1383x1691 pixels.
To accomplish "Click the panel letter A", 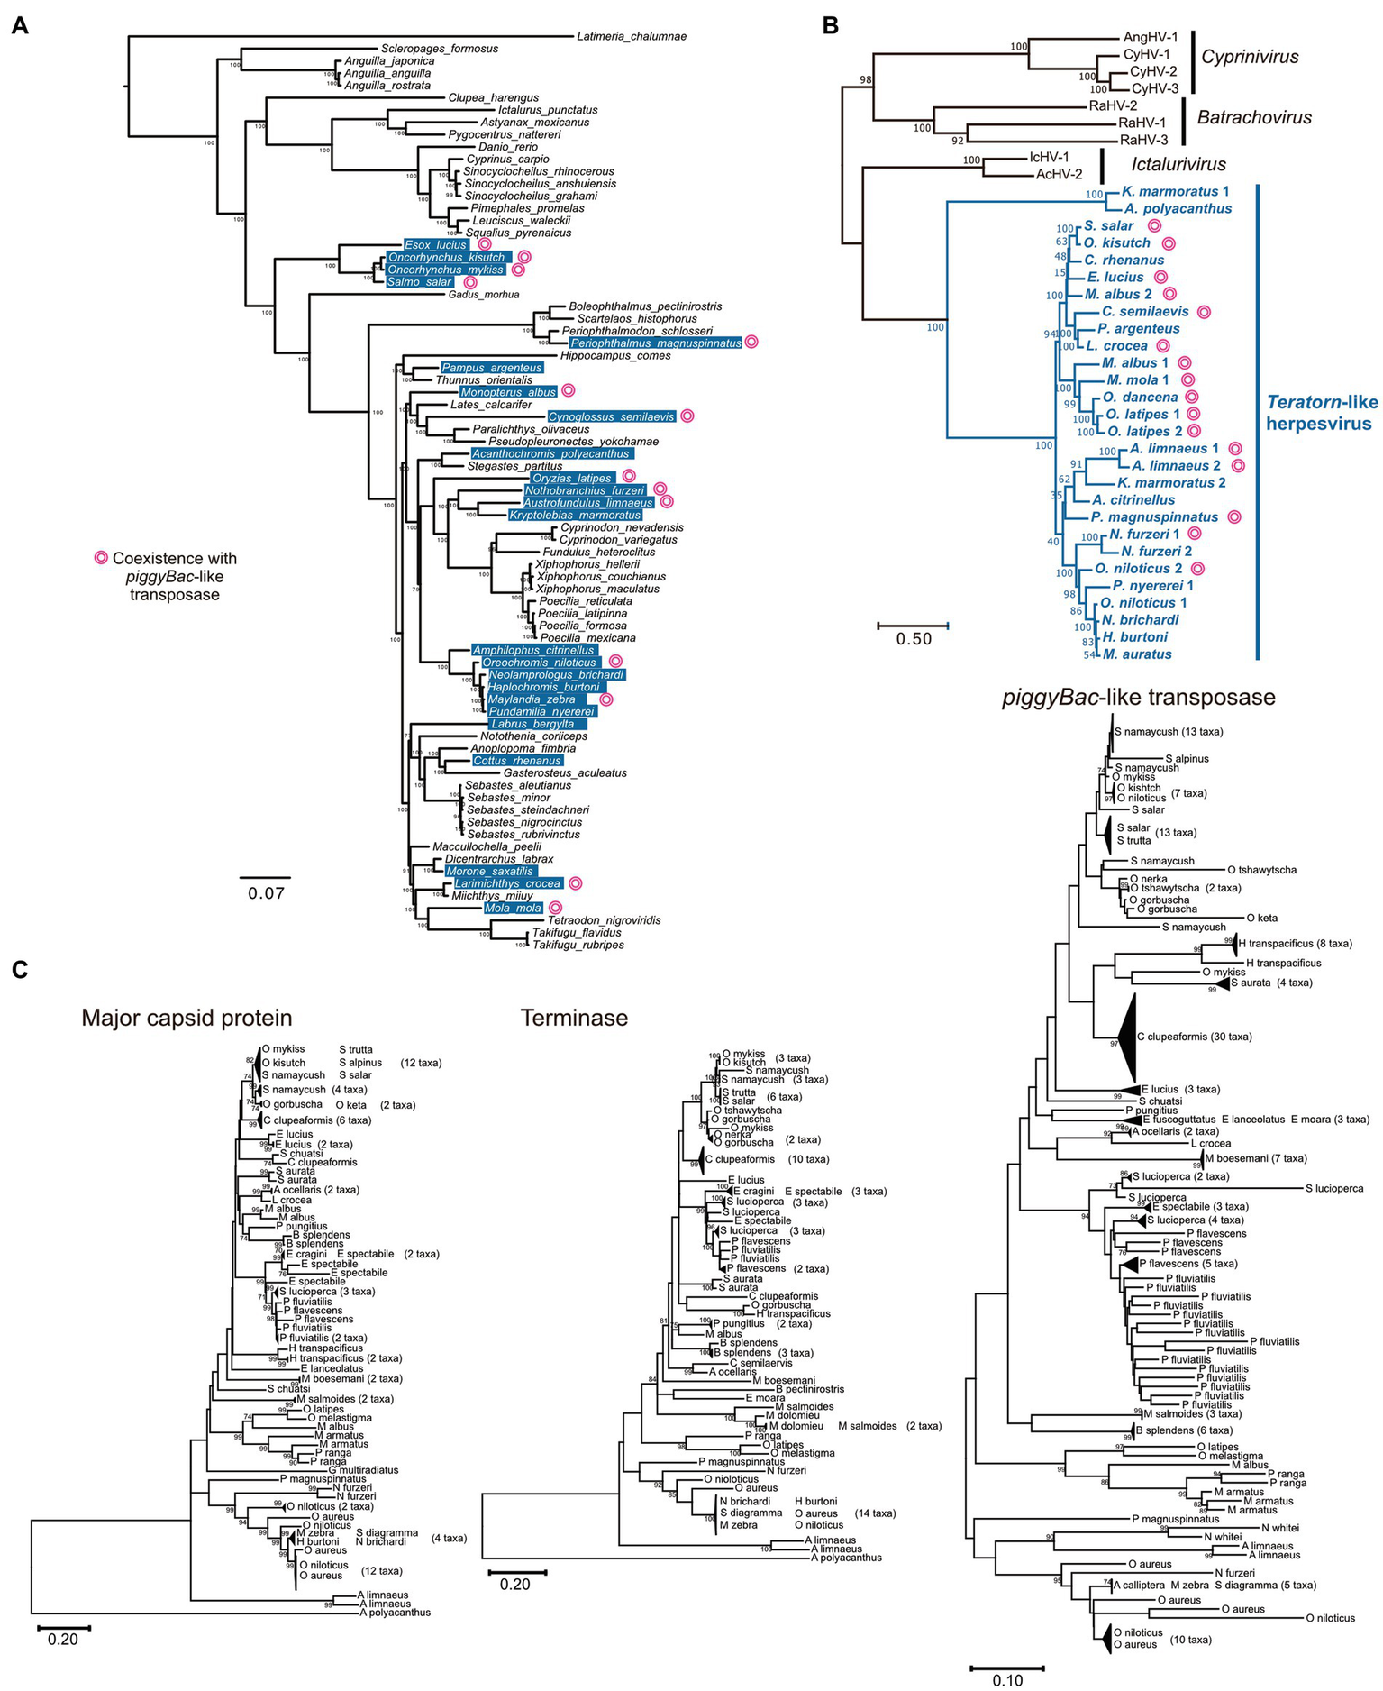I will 19,26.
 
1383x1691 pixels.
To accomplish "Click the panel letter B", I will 830,26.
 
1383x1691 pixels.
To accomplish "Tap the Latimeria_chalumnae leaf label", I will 632,37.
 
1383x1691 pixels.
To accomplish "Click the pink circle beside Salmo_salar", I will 469,282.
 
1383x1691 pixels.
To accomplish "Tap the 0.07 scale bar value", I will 266,893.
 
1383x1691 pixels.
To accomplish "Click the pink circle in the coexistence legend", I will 101,558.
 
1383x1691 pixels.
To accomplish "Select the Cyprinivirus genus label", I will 1250,58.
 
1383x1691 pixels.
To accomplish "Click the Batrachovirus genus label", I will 1254,117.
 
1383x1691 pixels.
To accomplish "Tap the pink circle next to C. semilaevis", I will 1204,312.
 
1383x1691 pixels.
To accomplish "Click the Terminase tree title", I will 574,1018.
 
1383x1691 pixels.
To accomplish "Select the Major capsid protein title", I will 187,1018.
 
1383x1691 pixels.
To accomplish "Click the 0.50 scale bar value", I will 914,639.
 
